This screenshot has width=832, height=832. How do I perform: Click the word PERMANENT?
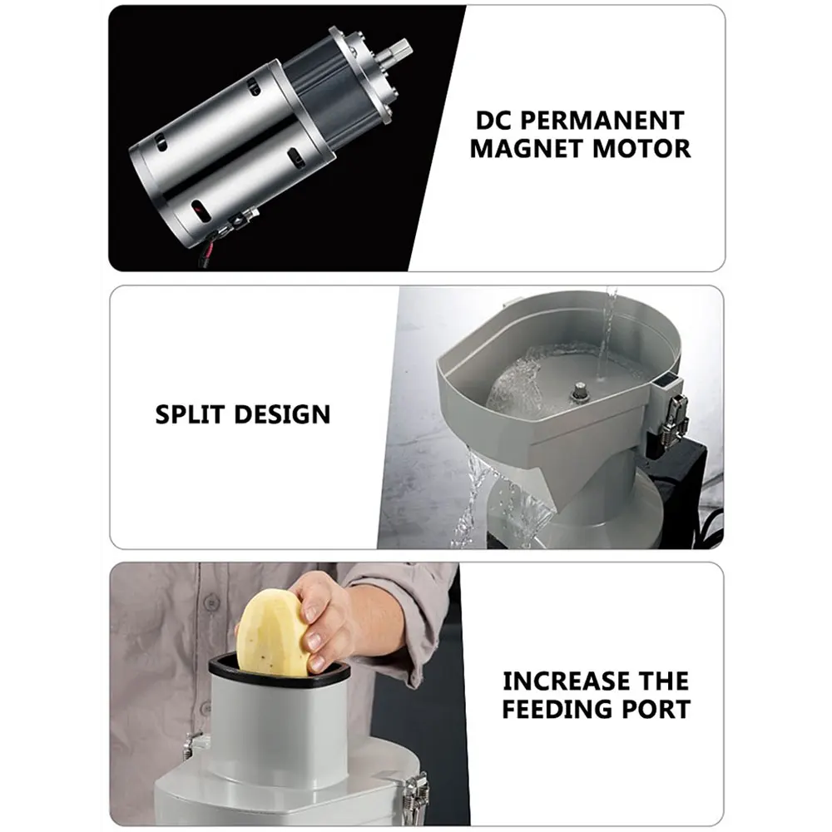click(x=602, y=121)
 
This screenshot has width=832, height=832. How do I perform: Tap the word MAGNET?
click(x=527, y=149)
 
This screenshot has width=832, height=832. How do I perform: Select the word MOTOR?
click(x=641, y=149)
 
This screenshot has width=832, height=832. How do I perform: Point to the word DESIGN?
click(x=282, y=414)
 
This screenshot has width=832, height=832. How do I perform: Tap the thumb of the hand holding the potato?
click(x=310, y=615)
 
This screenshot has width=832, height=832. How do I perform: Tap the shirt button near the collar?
click(x=212, y=602)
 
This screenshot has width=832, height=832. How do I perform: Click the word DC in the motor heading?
click(x=493, y=121)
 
